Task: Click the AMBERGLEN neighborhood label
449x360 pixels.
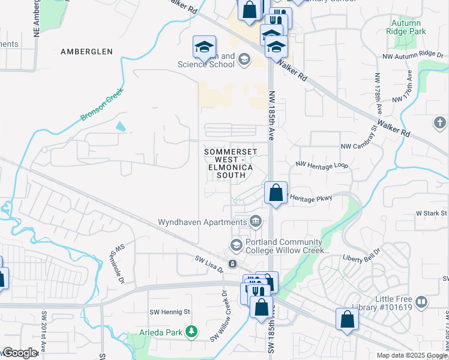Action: tap(86, 52)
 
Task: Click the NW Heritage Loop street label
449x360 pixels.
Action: tap(322, 164)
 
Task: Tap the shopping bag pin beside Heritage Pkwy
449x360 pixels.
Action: tap(276, 193)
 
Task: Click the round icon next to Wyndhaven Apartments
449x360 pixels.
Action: tap(256, 222)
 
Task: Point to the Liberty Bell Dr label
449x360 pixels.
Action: tap(361, 255)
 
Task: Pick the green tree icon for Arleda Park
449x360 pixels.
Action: tap(191, 331)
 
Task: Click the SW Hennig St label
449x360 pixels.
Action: tap(169, 312)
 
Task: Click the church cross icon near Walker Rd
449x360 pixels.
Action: tap(439, 123)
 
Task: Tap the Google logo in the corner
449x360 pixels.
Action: tap(19, 352)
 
